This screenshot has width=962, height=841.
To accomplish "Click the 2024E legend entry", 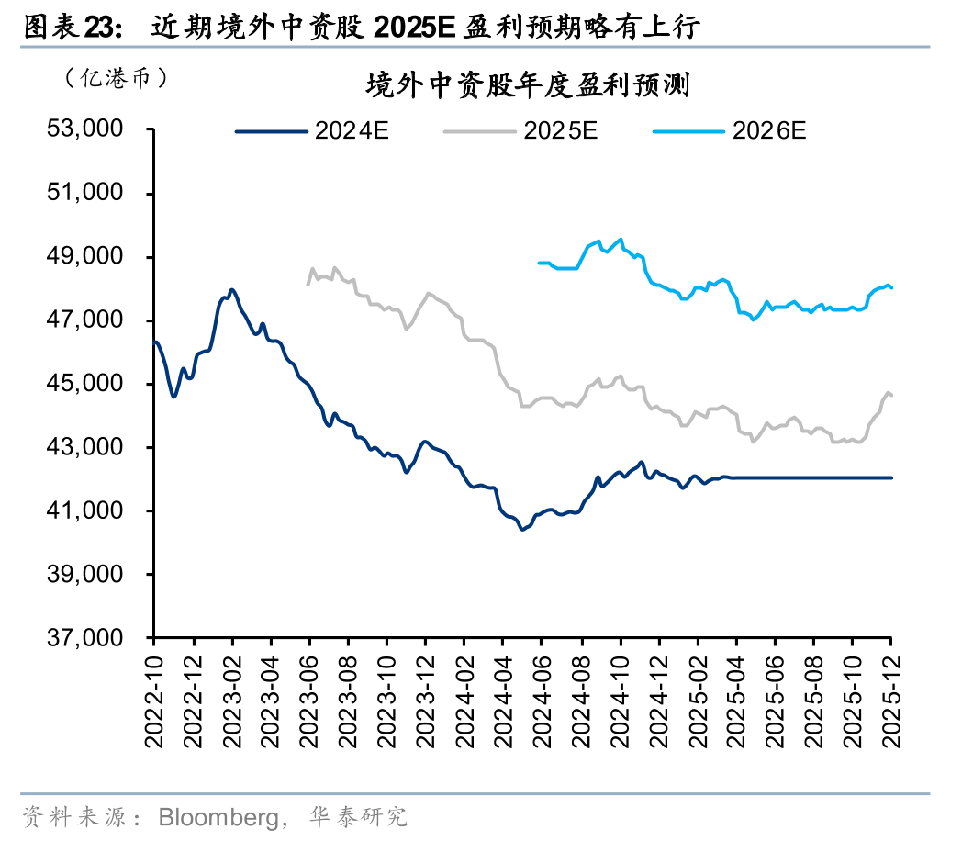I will coord(313,130).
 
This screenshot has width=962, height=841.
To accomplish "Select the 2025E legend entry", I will coord(521,130).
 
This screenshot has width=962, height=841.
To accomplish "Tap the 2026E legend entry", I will coord(730,130).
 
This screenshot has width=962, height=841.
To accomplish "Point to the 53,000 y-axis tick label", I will coord(84,129).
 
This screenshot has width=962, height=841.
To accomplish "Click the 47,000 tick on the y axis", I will coord(84,320).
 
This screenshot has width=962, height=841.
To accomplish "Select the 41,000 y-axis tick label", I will coord(84,511).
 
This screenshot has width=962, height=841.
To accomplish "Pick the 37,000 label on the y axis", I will coord(84,638).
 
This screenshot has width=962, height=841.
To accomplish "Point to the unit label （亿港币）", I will coord(116,78).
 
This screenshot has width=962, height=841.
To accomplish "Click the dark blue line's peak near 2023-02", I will coord(231,290).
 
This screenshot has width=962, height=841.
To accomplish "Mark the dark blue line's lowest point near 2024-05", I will coord(522,529).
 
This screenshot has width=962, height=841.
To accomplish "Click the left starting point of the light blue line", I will coord(539,263).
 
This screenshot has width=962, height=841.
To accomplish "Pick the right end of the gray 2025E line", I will coord(892,395).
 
